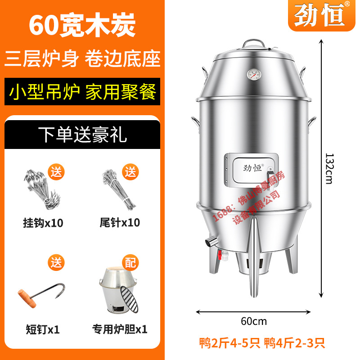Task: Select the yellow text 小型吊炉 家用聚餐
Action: click(82, 92)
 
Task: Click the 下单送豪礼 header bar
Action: click(82, 133)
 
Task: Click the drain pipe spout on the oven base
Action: click(210, 242)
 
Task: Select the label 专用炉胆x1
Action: click(120, 329)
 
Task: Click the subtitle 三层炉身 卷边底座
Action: click(82, 59)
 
